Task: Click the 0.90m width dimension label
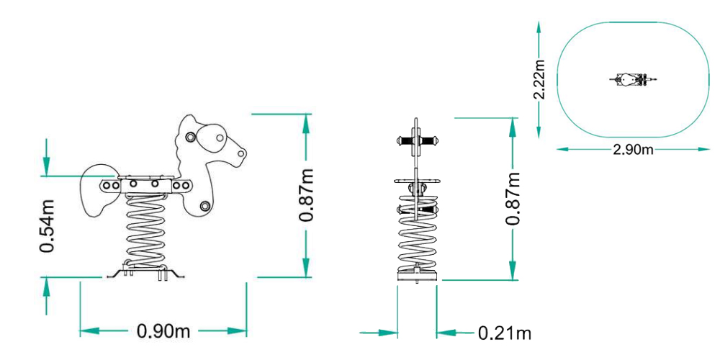point(163,331)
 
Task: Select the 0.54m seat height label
point(48,225)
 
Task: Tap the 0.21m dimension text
point(505,333)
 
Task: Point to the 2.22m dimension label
point(540,80)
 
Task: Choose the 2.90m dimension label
point(633,150)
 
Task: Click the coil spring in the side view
point(148,230)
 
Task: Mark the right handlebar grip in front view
point(431,140)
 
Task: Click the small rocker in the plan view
point(633,78)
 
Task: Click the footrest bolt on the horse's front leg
point(204,207)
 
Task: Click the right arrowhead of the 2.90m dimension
point(703,150)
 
